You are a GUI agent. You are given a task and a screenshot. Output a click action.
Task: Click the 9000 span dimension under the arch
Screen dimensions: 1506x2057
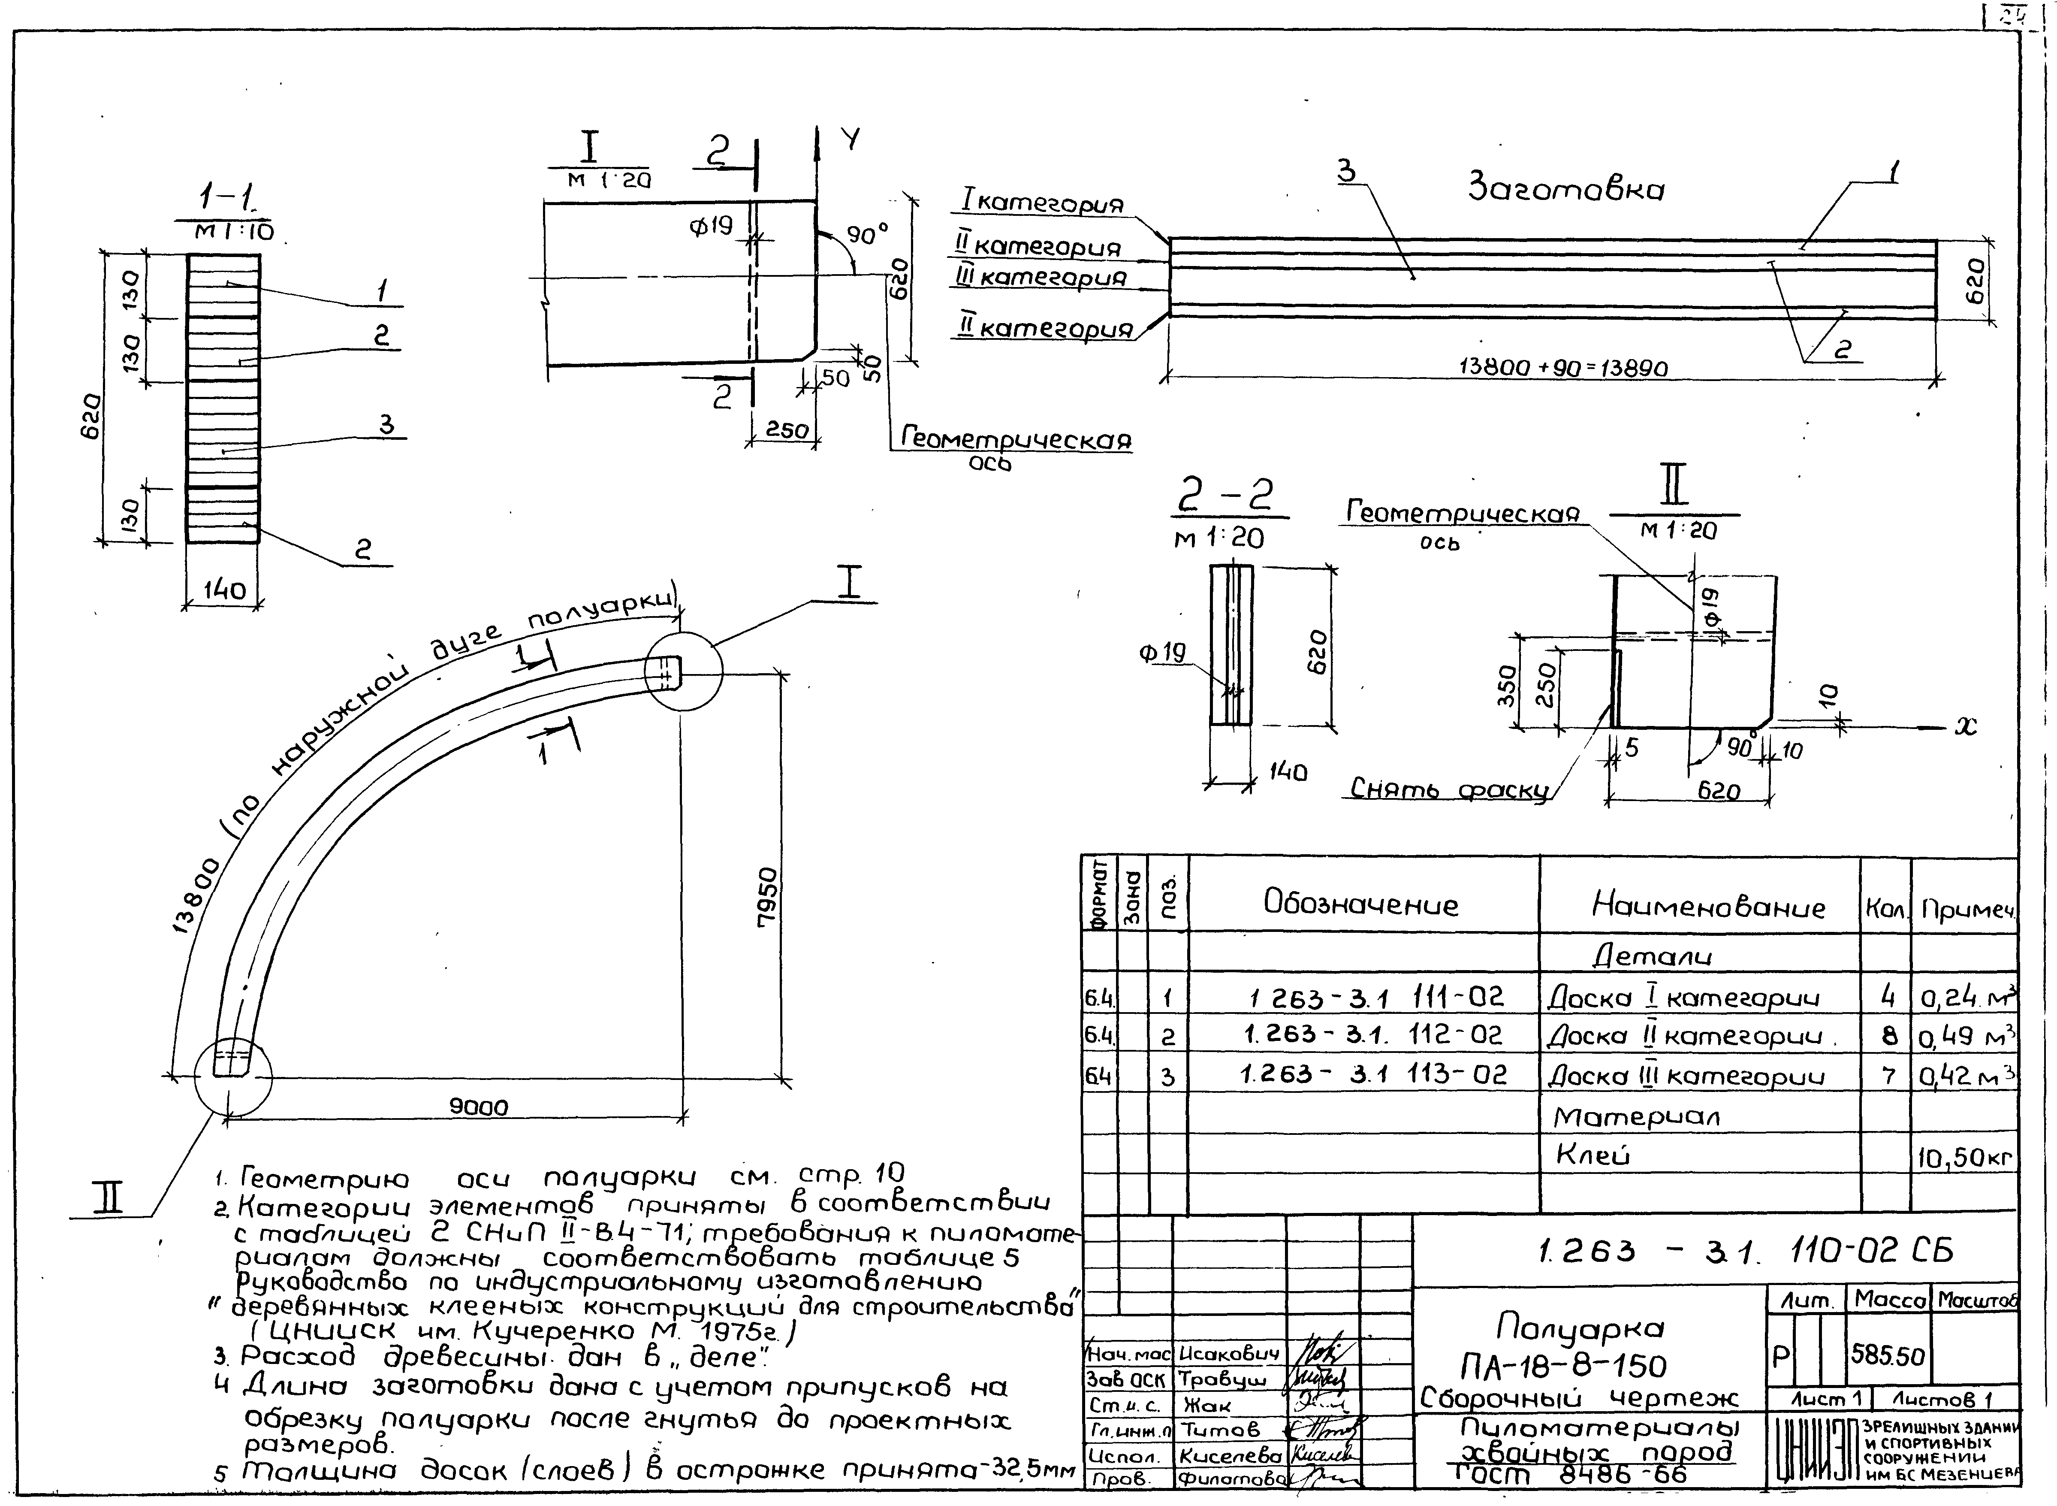pyautogui.click(x=479, y=1107)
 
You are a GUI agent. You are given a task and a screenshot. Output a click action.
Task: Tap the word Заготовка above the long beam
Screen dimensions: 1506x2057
pyautogui.click(x=1566, y=189)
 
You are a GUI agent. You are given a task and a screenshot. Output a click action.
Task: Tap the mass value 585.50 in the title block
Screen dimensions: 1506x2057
pyautogui.click(x=1888, y=1355)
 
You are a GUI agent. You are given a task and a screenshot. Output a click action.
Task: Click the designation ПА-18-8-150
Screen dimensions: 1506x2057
pyautogui.click(x=1563, y=1365)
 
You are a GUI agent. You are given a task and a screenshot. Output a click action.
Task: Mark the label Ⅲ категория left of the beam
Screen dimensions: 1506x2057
pyautogui.click(x=1041, y=277)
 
